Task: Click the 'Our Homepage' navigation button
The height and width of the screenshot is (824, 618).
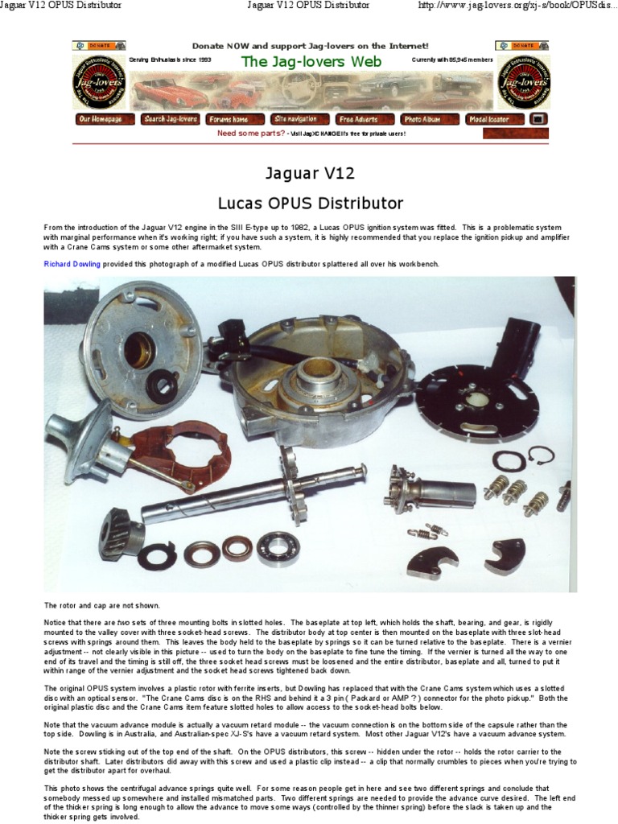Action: pos(101,119)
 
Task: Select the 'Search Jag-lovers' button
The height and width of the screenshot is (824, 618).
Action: pos(170,119)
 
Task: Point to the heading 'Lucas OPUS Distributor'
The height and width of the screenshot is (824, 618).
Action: pos(309,202)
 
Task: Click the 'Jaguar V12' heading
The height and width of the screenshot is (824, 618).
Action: pos(309,173)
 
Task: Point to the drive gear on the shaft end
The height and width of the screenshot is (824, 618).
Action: pos(121,530)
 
